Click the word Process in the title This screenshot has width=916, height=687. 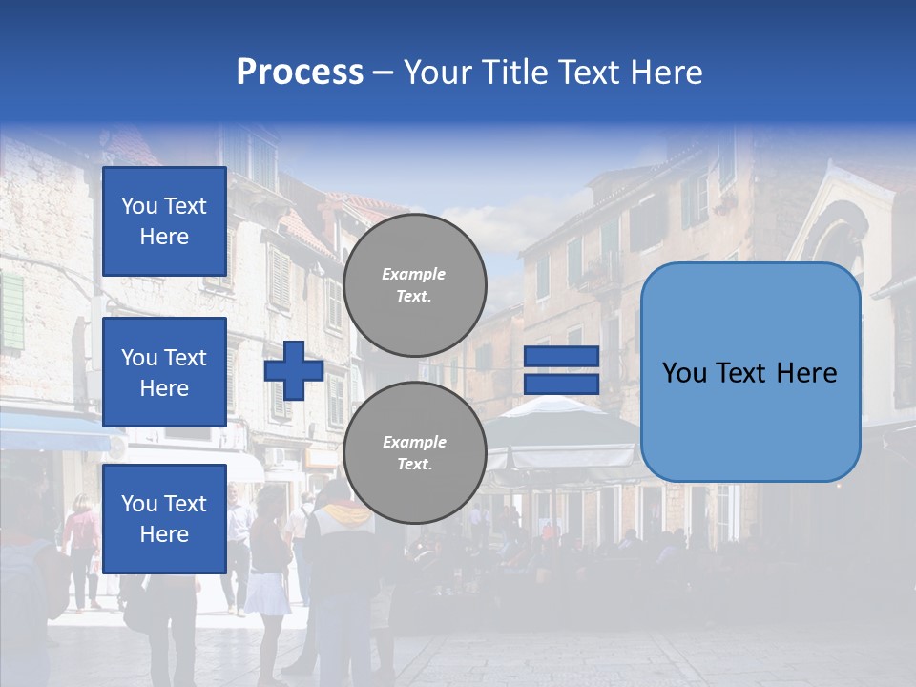(300, 73)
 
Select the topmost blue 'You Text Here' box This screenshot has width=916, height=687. (164, 221)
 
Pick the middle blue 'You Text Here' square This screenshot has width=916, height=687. (164, 372)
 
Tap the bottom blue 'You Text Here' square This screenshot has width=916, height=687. (164, 518)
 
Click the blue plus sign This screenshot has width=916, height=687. (294, 370)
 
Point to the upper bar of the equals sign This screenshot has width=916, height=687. (561, 357)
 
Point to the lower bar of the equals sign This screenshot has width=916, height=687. (561, 384)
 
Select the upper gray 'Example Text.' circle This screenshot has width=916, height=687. (414, 284)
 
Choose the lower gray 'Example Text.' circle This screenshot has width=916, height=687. (414, 452)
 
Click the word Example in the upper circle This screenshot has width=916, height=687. (414, 274)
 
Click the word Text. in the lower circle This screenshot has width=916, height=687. (414, 464)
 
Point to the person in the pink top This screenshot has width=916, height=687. (83, 534)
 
